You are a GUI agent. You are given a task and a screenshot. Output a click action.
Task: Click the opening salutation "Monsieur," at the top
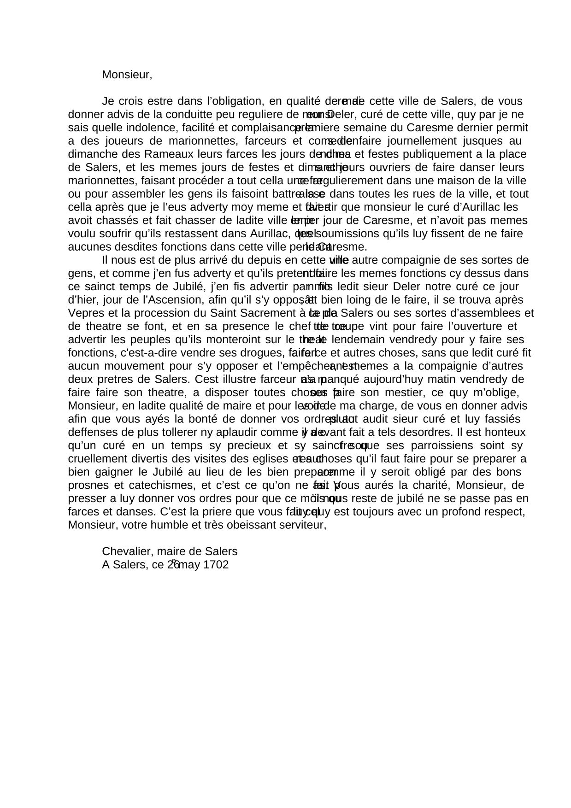point(127,75)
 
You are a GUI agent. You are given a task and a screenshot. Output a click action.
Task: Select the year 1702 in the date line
point(216,565)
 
